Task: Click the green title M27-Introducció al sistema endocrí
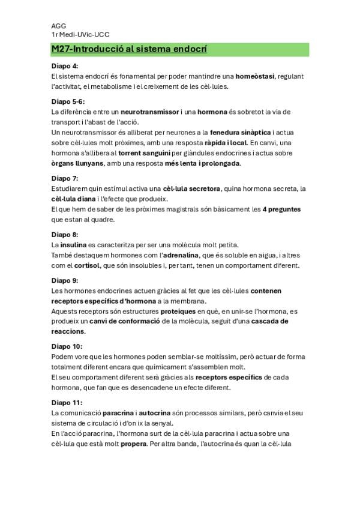[129, 49]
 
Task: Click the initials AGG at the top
[59, 26]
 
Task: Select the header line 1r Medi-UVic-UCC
[80, 35]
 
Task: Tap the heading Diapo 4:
[65, 65]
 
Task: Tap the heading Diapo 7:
[65, 178]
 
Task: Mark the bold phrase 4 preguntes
[281, 209]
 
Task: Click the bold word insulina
[76, 245]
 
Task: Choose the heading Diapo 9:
[65, 280]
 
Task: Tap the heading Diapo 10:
[67, 346]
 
